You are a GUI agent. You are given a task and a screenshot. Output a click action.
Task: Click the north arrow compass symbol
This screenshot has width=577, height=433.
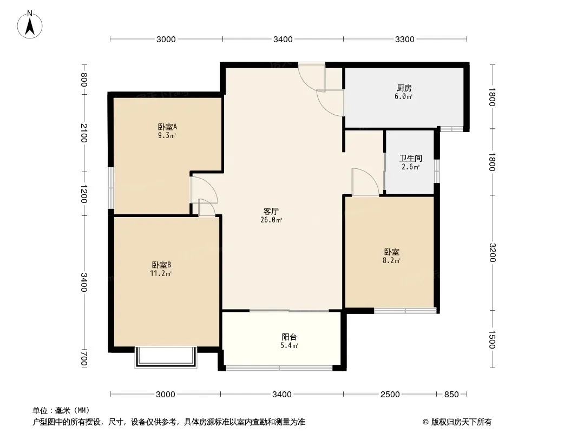[30, 25]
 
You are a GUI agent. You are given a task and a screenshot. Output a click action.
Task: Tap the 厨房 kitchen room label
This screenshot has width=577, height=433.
[404, 88]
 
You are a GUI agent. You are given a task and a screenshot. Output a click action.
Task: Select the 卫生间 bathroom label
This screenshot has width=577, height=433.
[411, 159]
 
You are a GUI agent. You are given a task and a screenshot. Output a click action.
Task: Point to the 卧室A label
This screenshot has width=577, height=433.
[167, 127]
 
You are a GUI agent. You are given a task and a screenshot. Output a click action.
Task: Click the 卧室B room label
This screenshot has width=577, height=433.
[161, 265]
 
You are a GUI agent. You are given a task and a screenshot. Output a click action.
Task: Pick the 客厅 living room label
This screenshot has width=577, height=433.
[271, 212]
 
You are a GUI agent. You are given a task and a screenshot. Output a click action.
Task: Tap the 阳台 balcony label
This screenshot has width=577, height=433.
[289, 337]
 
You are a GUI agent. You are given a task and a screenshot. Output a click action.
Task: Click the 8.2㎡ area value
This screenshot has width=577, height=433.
[391, 260]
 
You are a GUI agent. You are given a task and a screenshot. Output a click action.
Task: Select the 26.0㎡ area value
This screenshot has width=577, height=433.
[271, 220]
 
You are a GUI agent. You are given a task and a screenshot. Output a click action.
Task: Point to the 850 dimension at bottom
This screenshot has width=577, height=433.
[451, 395]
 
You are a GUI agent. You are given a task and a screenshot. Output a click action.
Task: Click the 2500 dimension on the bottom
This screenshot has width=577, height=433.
[390, 395]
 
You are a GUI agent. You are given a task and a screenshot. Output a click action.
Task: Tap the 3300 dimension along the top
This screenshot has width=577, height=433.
[405, 40]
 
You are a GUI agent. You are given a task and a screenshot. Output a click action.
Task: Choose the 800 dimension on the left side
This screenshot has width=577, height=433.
[84, 80]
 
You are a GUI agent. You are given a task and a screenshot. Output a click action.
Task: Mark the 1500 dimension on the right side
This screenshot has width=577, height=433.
[492, 339]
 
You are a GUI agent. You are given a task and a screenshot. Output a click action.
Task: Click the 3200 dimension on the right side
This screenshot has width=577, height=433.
[492, 253]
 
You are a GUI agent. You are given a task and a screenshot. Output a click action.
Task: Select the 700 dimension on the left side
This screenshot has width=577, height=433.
[84, 359]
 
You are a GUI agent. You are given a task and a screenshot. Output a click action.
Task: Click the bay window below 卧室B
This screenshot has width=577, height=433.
[165, 357]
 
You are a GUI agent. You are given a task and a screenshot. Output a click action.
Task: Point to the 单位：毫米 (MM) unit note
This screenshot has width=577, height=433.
[61, 411]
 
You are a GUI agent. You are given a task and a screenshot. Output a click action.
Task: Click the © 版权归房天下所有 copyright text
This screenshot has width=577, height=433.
[457, 422]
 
